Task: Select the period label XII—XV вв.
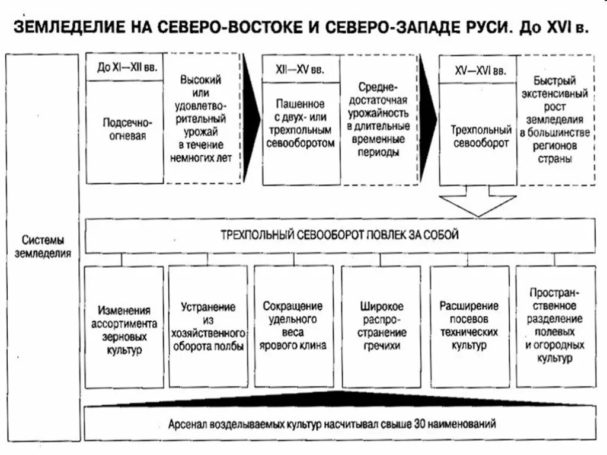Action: point(301,69)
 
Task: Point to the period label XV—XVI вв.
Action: point(479,71)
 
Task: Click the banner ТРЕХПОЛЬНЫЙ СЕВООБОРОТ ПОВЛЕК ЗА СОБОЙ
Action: point(341,235)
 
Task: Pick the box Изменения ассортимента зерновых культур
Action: point(124,330)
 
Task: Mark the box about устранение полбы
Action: point(208,327)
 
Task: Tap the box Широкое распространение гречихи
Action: point(382,326)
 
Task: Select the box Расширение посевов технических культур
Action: point(469,325)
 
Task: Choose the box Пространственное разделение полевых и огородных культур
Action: point(555,325)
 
